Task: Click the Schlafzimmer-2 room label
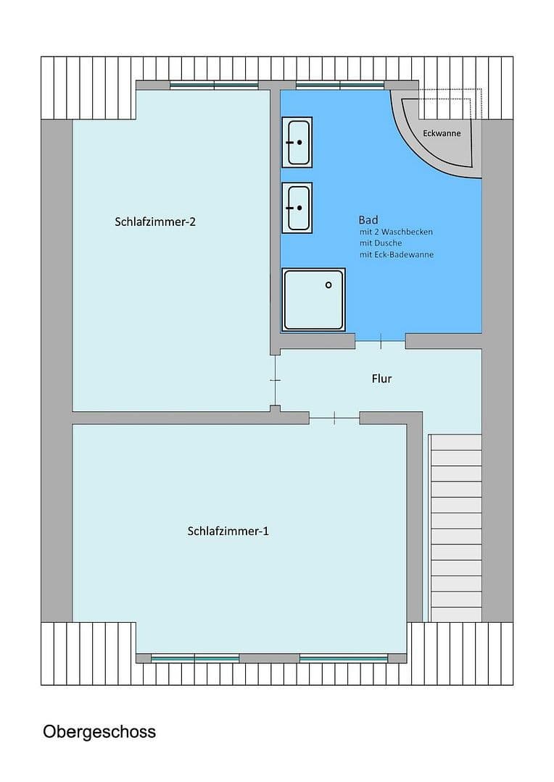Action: click(x=155, y=222)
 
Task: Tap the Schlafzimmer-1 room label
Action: click(x=228, y=531)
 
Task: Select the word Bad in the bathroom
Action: click(x=368, y=219)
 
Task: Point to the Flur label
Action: click(x=381, y=378)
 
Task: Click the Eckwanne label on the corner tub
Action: click(x=442, y=133)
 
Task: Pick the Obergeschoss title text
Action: click(x=99, y=731)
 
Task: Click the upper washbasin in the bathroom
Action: click(x=297, y=142)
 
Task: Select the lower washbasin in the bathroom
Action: click(x=297, y=207)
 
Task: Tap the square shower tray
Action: click(x=313, y=300)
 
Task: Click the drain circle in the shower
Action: click(x=328, y=285)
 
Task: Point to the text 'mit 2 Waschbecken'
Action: click(x=396, y=232)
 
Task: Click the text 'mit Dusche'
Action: click(x=380, y=243)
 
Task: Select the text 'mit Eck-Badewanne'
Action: click(x=397, y=255)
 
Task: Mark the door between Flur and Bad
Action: click(x=380, y=340)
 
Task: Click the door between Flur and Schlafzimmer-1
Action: click(x=334, y=417)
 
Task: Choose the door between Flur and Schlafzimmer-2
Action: click(x=275, y=380)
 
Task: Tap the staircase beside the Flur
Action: click(x=456, y=527)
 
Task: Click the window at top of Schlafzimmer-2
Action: click(x=214, y=85)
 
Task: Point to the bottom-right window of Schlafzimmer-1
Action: click(x=343, y=658)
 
